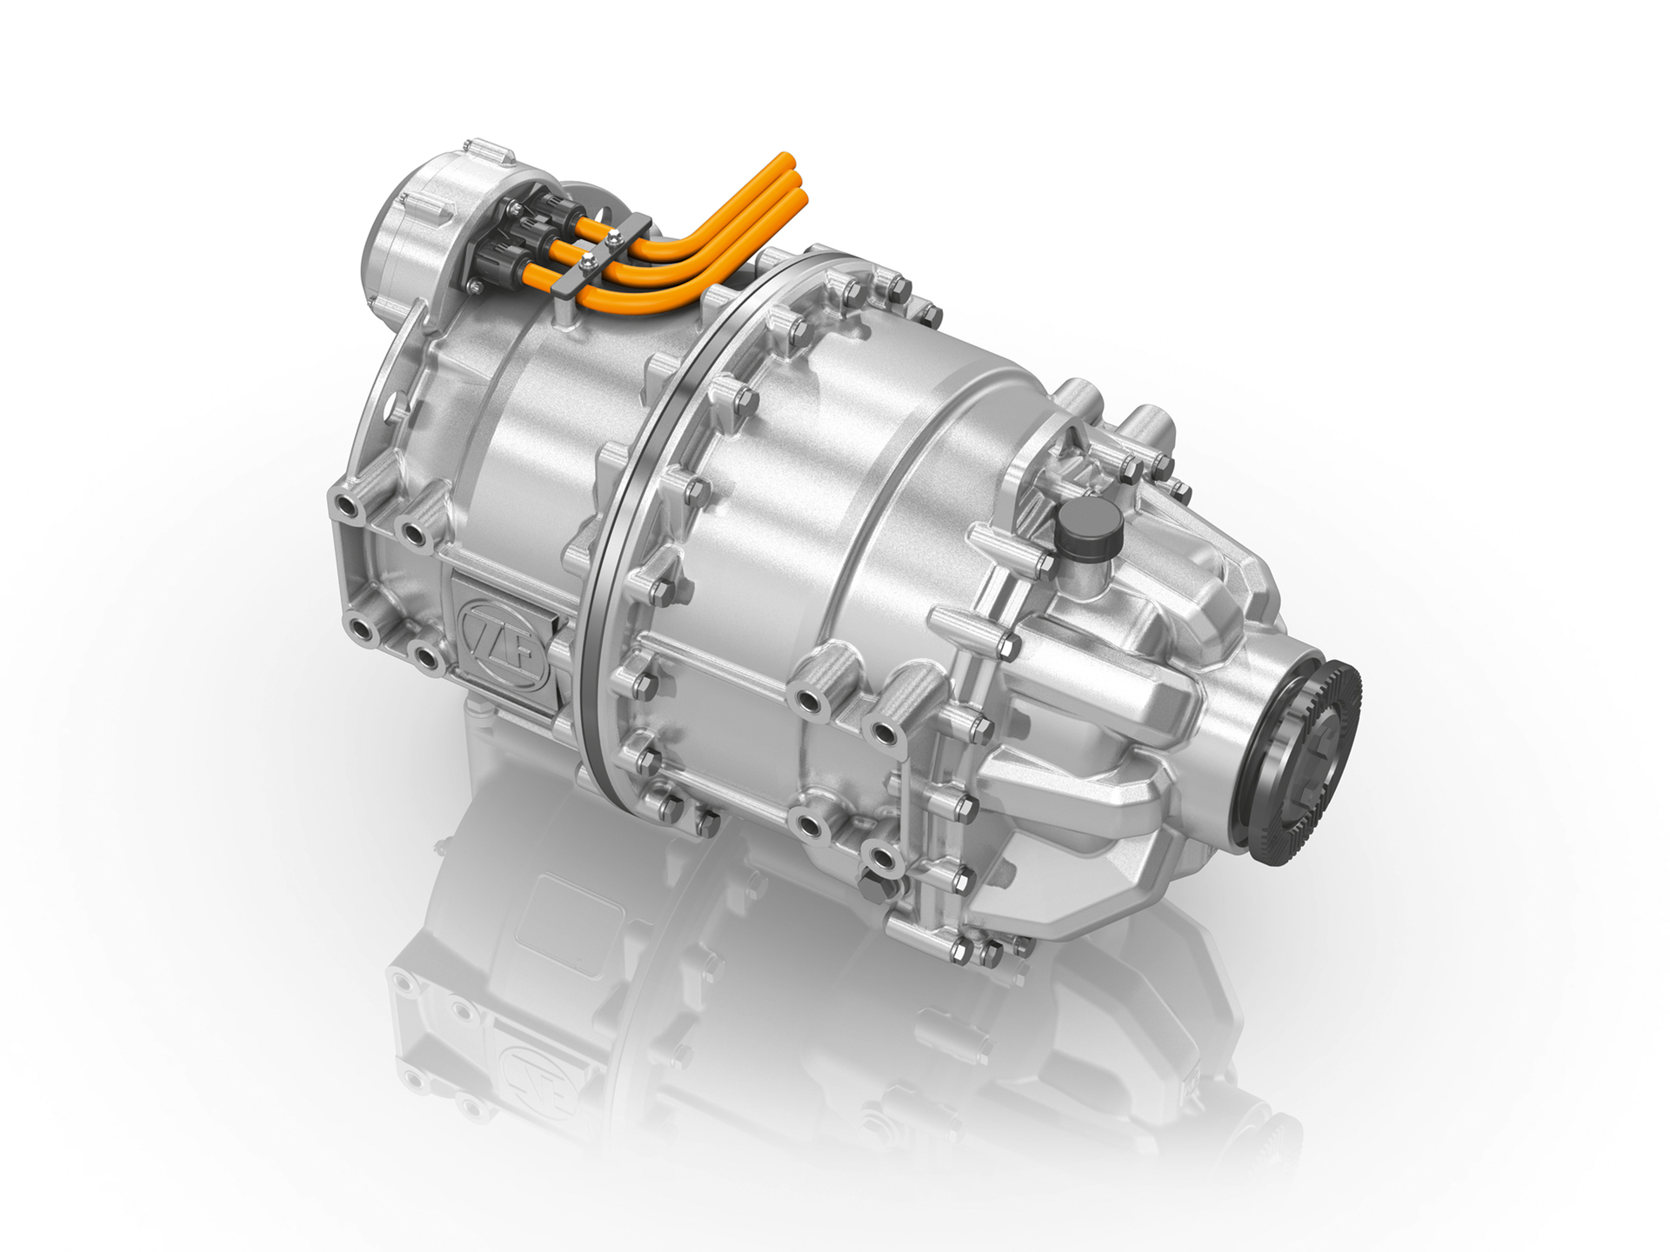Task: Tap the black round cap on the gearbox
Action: (x=1082, y=527)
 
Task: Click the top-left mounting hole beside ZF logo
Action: (x=345, y=504)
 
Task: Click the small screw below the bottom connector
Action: (x=474, y=285)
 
